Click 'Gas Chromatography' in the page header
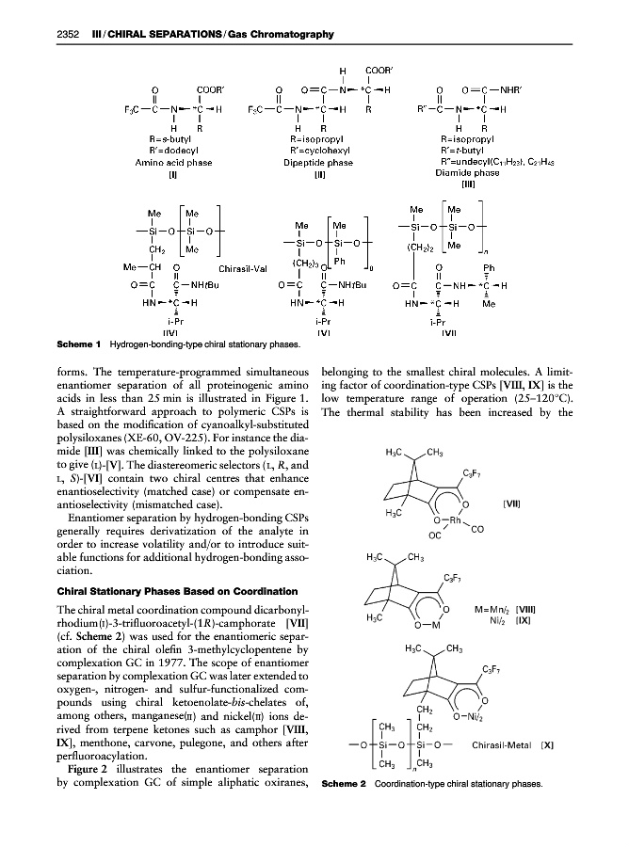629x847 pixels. point(284,35)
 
